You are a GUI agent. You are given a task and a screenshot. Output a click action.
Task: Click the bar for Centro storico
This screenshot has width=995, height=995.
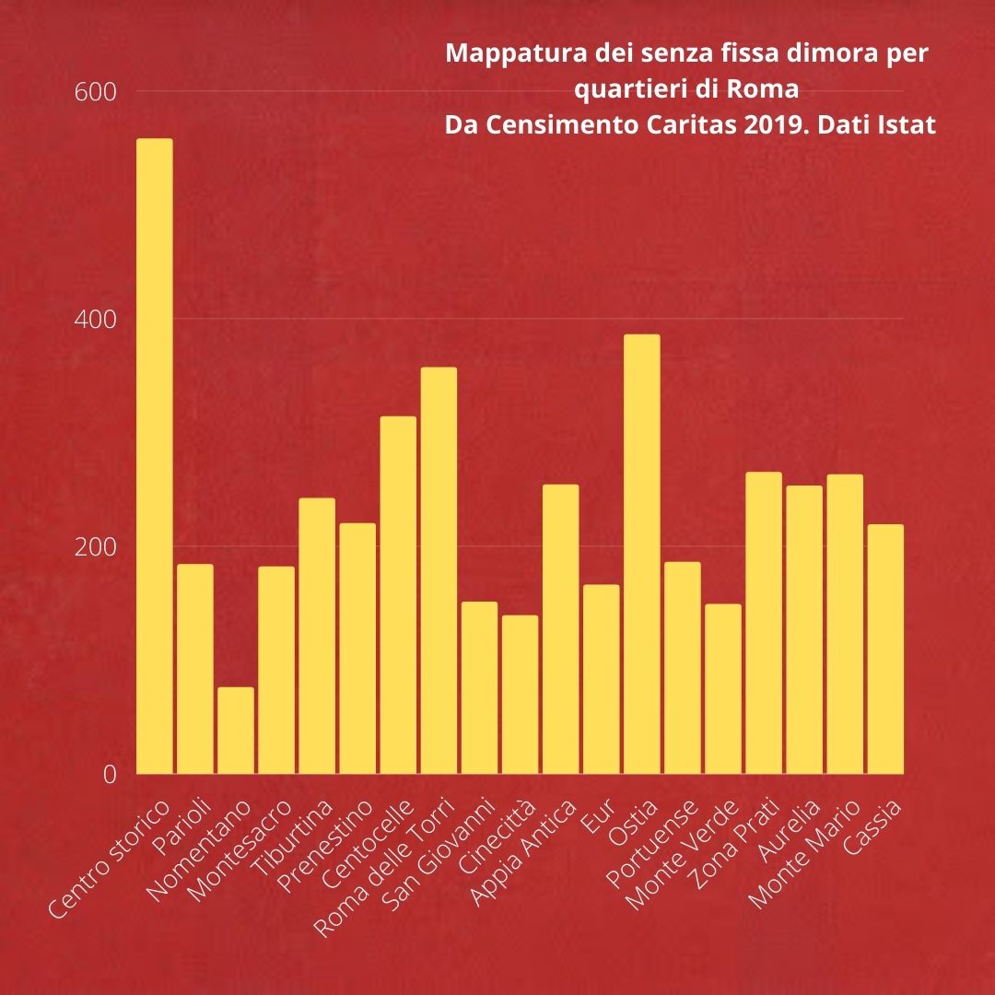point(154,456)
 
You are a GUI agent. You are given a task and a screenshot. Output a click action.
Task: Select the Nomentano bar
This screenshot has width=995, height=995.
point(236,731)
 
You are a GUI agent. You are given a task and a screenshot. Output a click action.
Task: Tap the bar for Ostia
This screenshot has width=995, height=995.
point(641,554)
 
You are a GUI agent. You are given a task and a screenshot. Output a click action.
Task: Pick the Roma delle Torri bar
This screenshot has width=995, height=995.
point(439,570)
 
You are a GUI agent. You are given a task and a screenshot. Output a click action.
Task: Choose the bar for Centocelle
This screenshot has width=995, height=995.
point(398,595)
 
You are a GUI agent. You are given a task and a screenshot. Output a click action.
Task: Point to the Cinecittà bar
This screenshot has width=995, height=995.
point(520,695)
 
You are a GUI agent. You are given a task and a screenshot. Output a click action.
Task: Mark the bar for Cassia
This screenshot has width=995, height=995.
point(885,649)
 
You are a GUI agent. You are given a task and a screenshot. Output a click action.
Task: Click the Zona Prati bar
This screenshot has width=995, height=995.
point(764,623)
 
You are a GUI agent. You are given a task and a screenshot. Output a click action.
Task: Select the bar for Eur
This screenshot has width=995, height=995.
point(601,679)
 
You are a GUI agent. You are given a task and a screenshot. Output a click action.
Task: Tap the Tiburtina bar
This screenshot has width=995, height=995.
point(317,636)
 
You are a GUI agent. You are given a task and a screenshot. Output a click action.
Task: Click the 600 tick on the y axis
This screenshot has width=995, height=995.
point(96,93)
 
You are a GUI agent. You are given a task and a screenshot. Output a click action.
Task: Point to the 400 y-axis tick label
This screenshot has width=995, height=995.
point(96,320)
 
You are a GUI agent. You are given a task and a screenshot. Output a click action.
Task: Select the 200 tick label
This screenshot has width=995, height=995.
point(96,546)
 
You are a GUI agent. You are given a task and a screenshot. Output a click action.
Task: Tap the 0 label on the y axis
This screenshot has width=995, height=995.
point(110,774)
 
